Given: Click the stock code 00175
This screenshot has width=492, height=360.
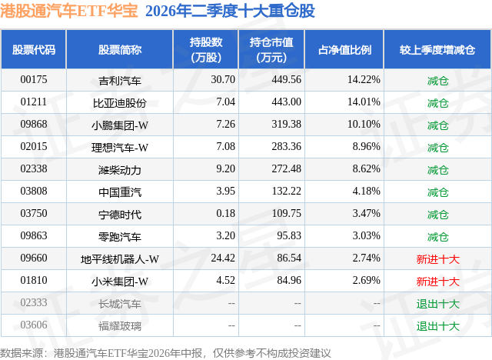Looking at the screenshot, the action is pos(34,80).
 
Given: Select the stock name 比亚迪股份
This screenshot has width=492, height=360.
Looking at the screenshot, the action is pos(120,102).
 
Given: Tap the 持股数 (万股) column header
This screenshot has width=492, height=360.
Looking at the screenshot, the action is pos(206,49).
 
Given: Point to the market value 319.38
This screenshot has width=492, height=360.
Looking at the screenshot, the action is pos(286,125).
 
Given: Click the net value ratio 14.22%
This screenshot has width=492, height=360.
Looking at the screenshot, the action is pos(364,80).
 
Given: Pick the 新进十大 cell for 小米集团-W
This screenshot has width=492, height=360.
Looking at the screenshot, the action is pos(437,282).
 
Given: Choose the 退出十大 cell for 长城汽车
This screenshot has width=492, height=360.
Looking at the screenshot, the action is pos(437,304).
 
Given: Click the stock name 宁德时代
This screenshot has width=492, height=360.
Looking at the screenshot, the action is pos(120,215).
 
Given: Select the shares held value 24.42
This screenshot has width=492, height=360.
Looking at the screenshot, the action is pos(223,258).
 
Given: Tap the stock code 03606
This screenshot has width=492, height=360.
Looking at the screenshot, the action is pos(34,325).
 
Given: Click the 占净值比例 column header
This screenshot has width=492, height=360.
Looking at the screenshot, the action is pos(344,49).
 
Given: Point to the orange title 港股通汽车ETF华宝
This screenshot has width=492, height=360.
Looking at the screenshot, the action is pos(69,11).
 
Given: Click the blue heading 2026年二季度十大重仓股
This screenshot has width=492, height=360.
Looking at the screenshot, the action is pos(230,11).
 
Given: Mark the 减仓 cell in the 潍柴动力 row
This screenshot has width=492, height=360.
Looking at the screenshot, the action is pos(437,170).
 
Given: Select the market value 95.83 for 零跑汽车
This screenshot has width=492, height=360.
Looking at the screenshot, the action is pos(289,235).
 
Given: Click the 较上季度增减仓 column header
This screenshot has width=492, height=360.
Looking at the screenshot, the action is pos(437,49).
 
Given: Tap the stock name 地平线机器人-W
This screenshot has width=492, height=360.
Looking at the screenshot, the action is pos(120,259).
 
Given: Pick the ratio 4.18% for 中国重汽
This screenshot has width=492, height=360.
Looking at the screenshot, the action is pos(366,191).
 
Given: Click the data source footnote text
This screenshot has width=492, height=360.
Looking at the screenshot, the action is pos(165,353).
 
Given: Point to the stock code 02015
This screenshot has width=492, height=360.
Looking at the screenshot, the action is pos(34,147).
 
